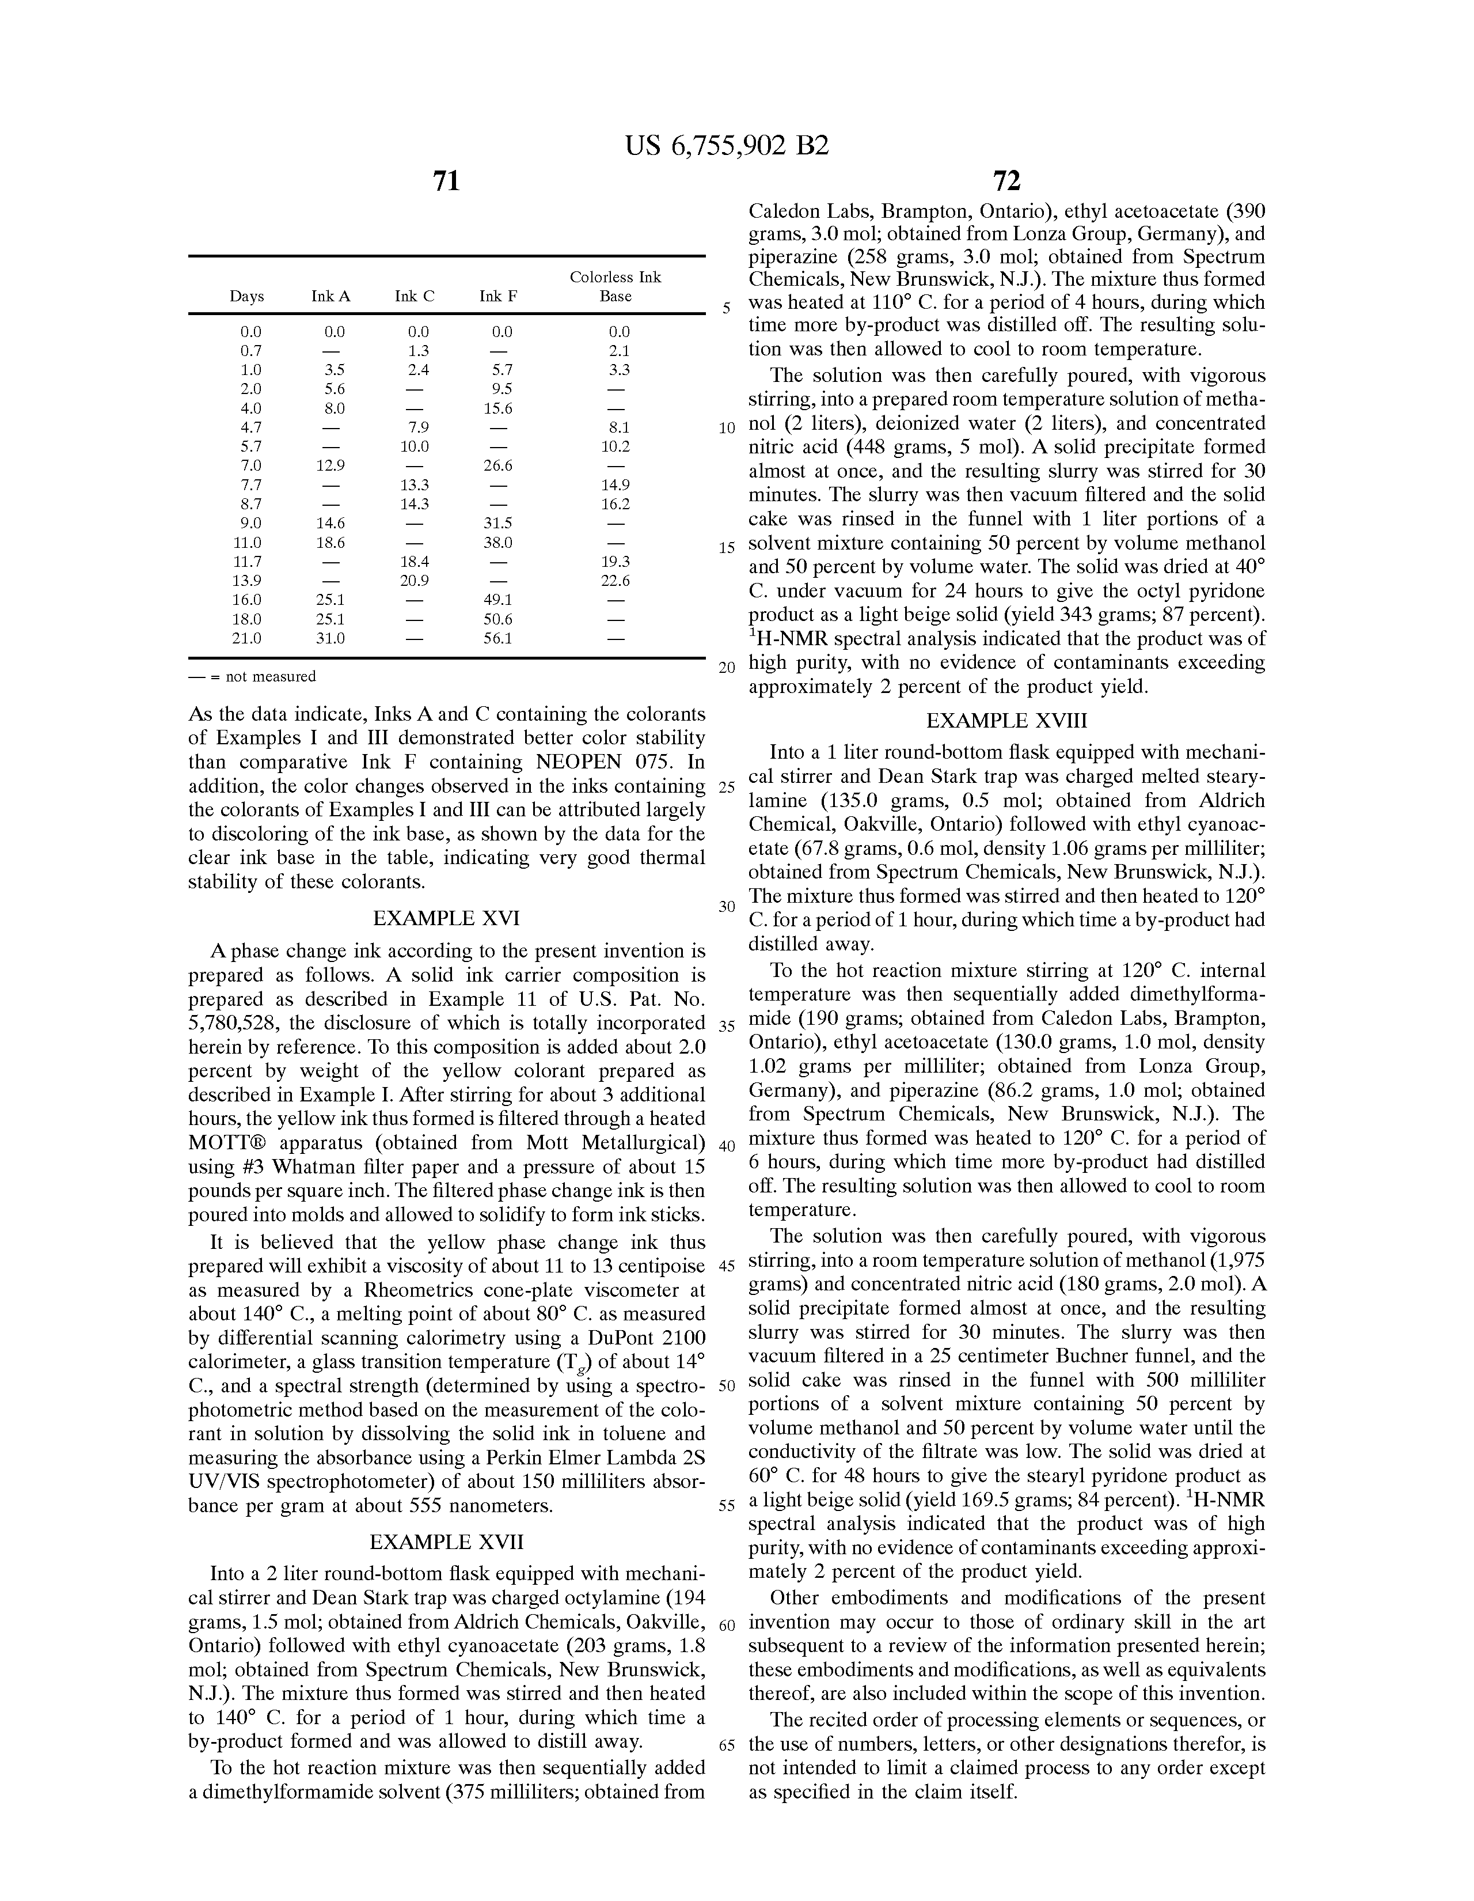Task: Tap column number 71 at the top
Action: tap(446, 182)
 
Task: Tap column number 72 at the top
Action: tap(1006, 182)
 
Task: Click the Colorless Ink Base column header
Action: tap(615, 286)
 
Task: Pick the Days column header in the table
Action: tap(246, 296)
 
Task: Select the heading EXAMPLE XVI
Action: tap(446, 918)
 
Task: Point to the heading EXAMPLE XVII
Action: tap(446, 1542)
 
